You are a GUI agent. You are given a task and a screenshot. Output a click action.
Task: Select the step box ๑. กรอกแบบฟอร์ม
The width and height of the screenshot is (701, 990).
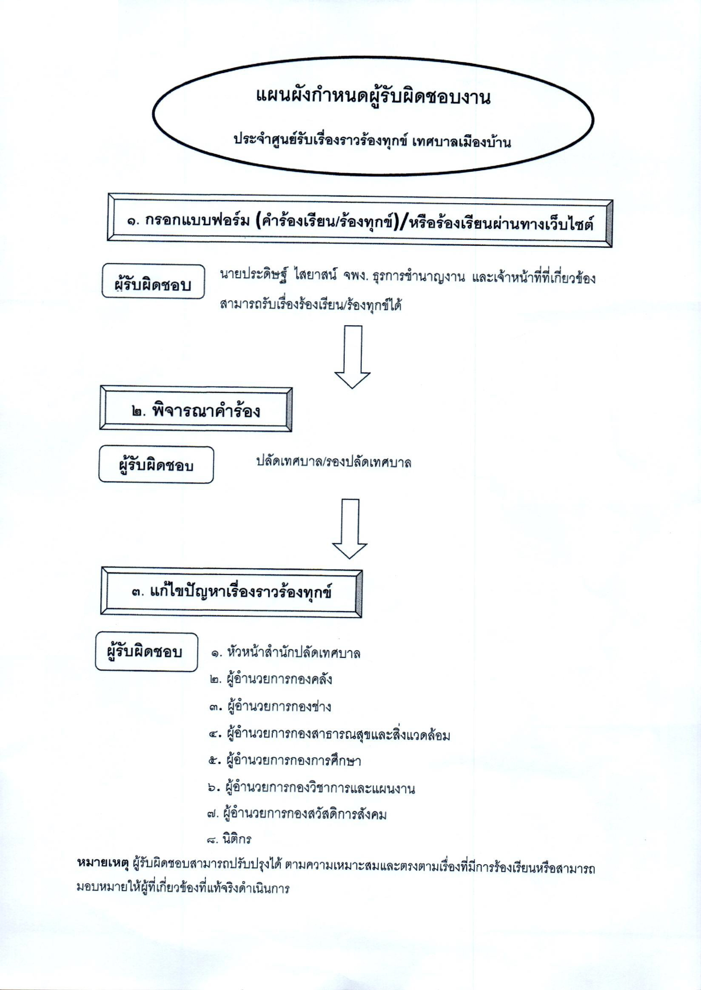[x=360, y=221]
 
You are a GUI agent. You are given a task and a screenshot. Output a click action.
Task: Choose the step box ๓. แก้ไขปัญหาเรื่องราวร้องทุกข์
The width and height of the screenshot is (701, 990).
[x=231, y=592]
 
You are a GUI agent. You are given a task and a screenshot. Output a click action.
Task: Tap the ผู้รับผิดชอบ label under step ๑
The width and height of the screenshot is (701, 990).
[x=153, y=282]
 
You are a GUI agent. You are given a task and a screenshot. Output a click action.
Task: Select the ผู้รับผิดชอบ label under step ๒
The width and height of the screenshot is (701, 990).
[x=156, y=465]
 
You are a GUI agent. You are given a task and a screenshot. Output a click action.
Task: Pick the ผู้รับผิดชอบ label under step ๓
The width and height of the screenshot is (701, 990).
[x=146, y=652]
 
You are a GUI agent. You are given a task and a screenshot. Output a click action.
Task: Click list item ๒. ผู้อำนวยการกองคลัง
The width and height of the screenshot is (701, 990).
[x=271, y=679]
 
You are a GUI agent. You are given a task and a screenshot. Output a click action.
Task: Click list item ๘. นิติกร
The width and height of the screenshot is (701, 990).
[x=230, y=839]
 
